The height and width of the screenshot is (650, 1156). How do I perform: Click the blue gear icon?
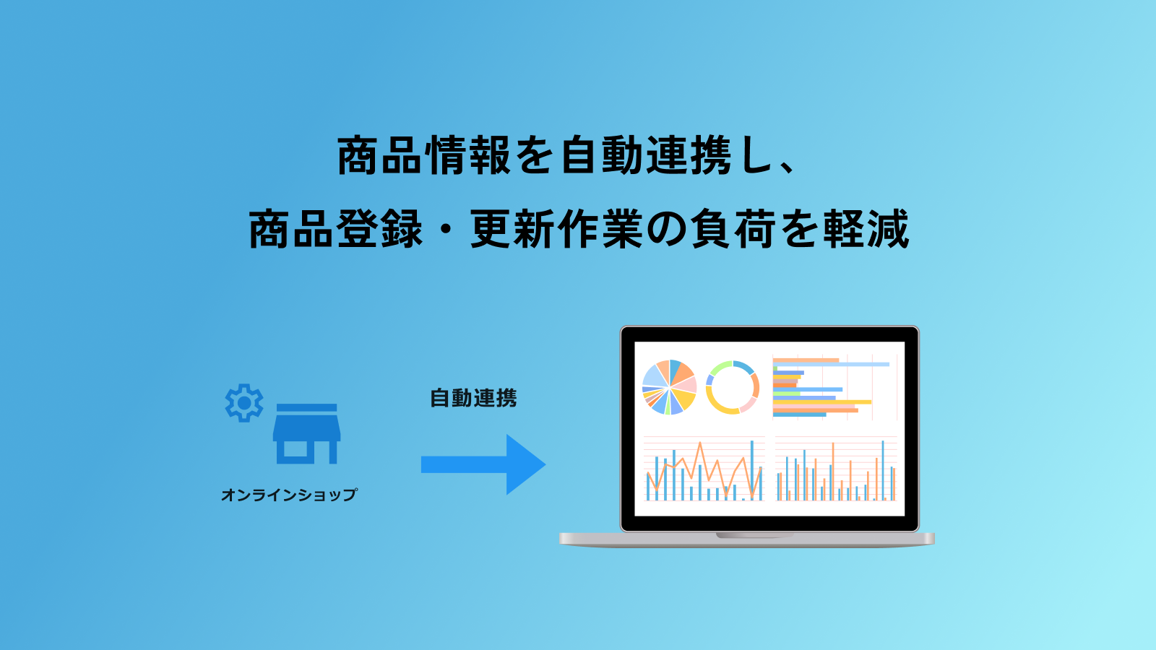coord(244,403)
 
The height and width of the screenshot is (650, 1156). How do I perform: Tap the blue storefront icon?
coord(306,434)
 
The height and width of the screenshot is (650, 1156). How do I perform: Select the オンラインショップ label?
coord(289,495)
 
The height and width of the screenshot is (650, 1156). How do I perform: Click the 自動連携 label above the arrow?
coord(473,398)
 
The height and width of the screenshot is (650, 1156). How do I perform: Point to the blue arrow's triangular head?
coord(524,465)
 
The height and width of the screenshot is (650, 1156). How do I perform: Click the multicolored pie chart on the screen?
coord(669,387)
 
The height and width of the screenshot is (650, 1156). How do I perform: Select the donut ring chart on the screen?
coord(733,387)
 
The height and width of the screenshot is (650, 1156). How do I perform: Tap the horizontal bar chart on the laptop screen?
coord(834,387)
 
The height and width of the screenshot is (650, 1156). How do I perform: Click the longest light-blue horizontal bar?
coord(832,365)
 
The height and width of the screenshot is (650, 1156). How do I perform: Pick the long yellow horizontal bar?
coord(822,402)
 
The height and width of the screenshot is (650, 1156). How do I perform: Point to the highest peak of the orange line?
coord(700,443)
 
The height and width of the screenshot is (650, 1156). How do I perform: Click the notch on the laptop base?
coord(754,535)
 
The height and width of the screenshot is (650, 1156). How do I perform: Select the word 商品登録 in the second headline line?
coord(335,229)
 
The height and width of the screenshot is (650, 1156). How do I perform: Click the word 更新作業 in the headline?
coord(556,229)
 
